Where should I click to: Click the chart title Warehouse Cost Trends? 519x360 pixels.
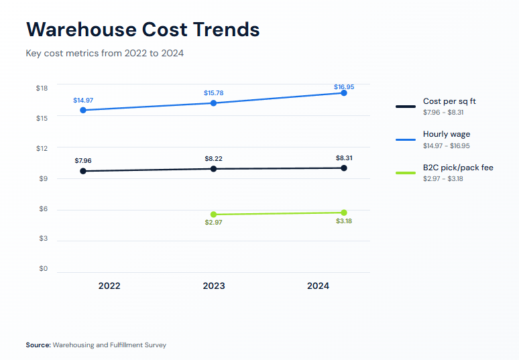[x=142, y=29]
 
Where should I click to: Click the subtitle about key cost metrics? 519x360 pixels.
[x=105, y=53]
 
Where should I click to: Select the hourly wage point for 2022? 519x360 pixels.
[x=83, y=110]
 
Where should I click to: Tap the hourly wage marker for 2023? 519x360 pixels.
[x=213, y=103]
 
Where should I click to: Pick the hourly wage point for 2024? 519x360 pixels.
[x=344, y=93]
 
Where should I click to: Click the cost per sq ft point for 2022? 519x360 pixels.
[x=83, y=171]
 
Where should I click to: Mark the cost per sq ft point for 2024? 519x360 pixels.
[x=344, y=168]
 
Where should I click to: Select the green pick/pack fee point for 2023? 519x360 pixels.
[x=213, y=215]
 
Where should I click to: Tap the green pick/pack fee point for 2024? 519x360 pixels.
[x=344, y=213]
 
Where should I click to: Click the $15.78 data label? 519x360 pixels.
[x=213, y=93]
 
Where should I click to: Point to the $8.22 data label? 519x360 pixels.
[x=213, y=158]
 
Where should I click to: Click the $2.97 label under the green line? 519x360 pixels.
[x=213, y=223]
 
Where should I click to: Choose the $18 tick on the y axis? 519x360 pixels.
[x=42, y=88]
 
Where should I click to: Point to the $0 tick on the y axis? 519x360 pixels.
[x=43, y=269]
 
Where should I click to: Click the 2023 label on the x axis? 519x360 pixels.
[x=214, y=286]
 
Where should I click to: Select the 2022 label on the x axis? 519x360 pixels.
[x=109, y=286]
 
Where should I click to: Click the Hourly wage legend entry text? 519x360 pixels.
[x=446, y=134]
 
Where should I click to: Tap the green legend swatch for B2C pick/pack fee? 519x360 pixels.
[x=406, y=173]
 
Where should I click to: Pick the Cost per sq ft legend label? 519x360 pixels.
[x=449, y=101]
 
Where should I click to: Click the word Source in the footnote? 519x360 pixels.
[x=38, y=345]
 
